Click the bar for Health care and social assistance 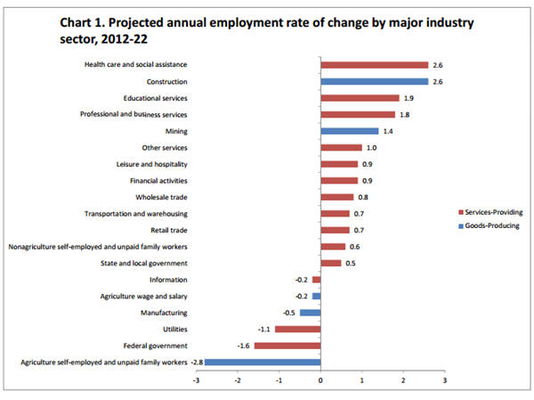pos(374,65)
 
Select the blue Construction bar pos(374,81)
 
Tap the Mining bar pos(349,131)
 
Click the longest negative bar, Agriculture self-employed pos(263,362)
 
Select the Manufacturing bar pos(310,313)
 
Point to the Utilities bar pos(297,329)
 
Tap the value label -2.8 pos(197,362)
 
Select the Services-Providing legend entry pos(489,212)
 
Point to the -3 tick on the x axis pos(197,380)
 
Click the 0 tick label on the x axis pos(320,380)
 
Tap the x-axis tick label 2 pos(402,380)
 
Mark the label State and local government pos(144,263)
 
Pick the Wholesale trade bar pos(337,197)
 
